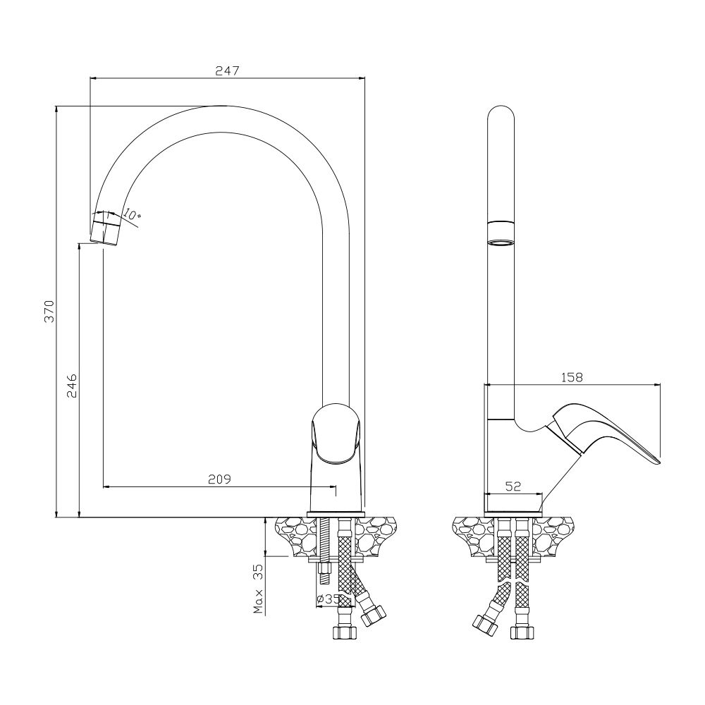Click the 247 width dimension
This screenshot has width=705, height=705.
coord(227,70)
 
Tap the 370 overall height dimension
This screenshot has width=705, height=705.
coord(49,311)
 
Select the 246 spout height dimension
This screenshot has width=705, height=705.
coord(72,386)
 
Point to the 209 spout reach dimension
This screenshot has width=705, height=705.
coord(219,479)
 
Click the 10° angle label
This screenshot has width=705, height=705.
coord(132,215)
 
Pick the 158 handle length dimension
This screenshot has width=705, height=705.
coord(572,377)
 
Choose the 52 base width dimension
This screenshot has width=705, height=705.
coord(513,486)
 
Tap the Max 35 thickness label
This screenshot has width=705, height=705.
coord(258,589)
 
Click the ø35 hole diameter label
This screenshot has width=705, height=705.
coord(328,599)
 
